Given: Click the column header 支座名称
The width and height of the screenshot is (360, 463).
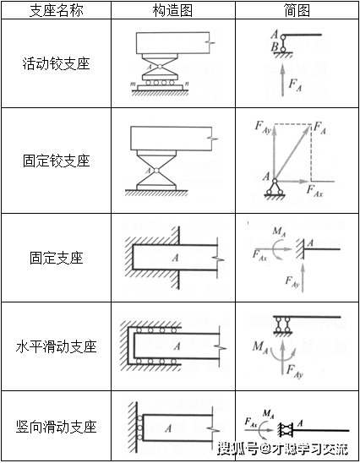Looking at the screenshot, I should pos(56,10).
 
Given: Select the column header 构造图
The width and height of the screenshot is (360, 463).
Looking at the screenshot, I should pos(173,10).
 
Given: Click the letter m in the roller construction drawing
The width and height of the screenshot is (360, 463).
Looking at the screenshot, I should pos(134,83).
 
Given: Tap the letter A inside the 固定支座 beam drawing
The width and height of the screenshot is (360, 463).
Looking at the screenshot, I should pos(173,256).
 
